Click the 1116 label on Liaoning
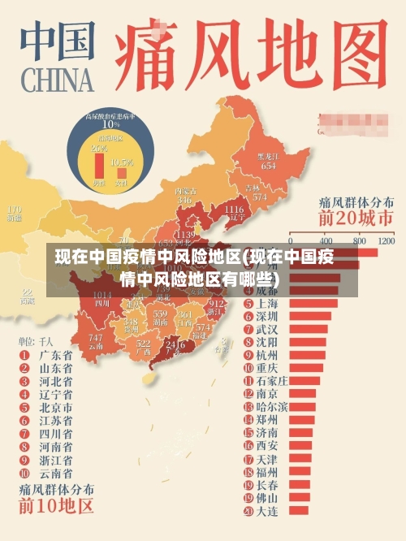[x=233, y=210]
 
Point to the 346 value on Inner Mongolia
[x=185, y=199]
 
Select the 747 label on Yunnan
[x=96, y=337]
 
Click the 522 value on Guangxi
[x=144, y=344]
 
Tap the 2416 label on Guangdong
[x=175, y=344]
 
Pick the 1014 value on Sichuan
[x=102, y=295]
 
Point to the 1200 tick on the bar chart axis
[x=385, y=241]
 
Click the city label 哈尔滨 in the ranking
[x=271, y=406]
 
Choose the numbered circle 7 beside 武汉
[x=248, y=329]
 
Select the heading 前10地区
[x=56, y=509]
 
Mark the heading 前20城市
[x=356, y=219]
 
